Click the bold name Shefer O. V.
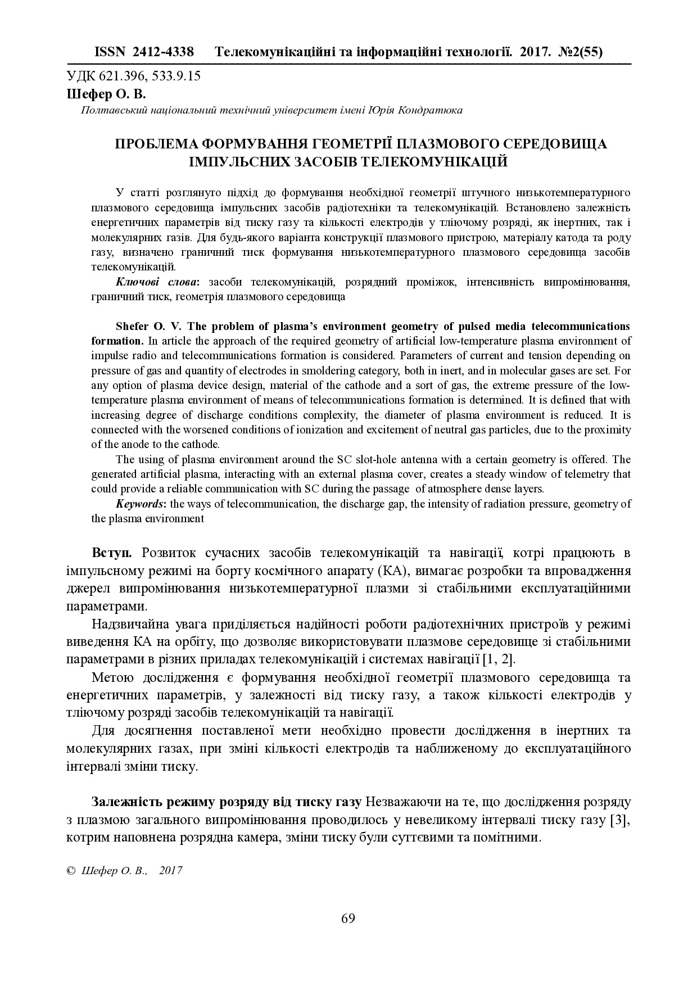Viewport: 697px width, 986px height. point(148,326)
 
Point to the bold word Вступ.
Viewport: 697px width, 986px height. point(112,553)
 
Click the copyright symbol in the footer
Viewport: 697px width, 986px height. point(71,870)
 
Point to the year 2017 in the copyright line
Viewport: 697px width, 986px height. point(171,870)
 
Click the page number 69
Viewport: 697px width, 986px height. point(348,919)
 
